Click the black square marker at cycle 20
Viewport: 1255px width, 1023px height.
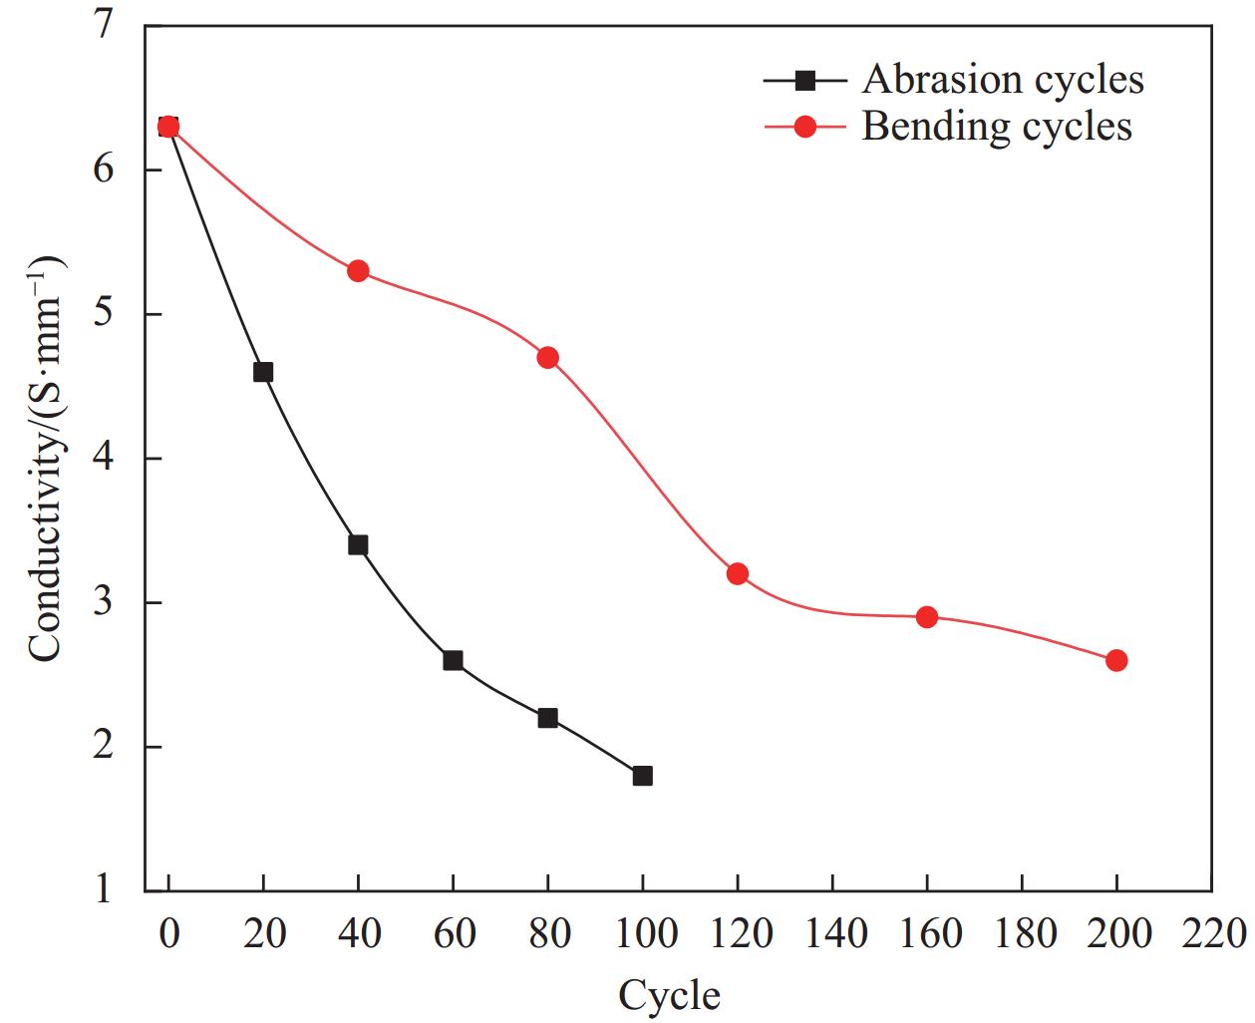[263, 372]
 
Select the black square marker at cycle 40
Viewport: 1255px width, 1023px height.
[358, 544]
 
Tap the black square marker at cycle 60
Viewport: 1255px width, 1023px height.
[453, 660]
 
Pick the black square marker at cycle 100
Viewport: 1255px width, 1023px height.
[642, 776]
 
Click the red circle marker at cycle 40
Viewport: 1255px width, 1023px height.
[358, 271]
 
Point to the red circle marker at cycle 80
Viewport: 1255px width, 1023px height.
[547, 358]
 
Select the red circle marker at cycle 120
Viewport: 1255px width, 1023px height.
[738, 573]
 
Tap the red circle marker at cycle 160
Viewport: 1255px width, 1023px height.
[927, 617]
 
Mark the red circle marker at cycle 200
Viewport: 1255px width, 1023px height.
[1116, 660]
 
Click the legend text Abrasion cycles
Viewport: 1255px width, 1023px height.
[1002, 80]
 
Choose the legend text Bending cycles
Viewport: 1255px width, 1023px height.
[996, 127]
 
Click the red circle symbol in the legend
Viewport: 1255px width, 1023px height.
[805, 127]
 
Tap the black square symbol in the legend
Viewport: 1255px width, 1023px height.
[805, 80]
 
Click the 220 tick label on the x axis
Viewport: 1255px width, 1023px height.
[1211, 934]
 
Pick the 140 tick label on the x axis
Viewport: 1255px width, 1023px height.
[832, 934]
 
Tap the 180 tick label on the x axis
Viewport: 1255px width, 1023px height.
[1022, 934]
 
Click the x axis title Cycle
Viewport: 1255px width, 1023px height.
[669, 995]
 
